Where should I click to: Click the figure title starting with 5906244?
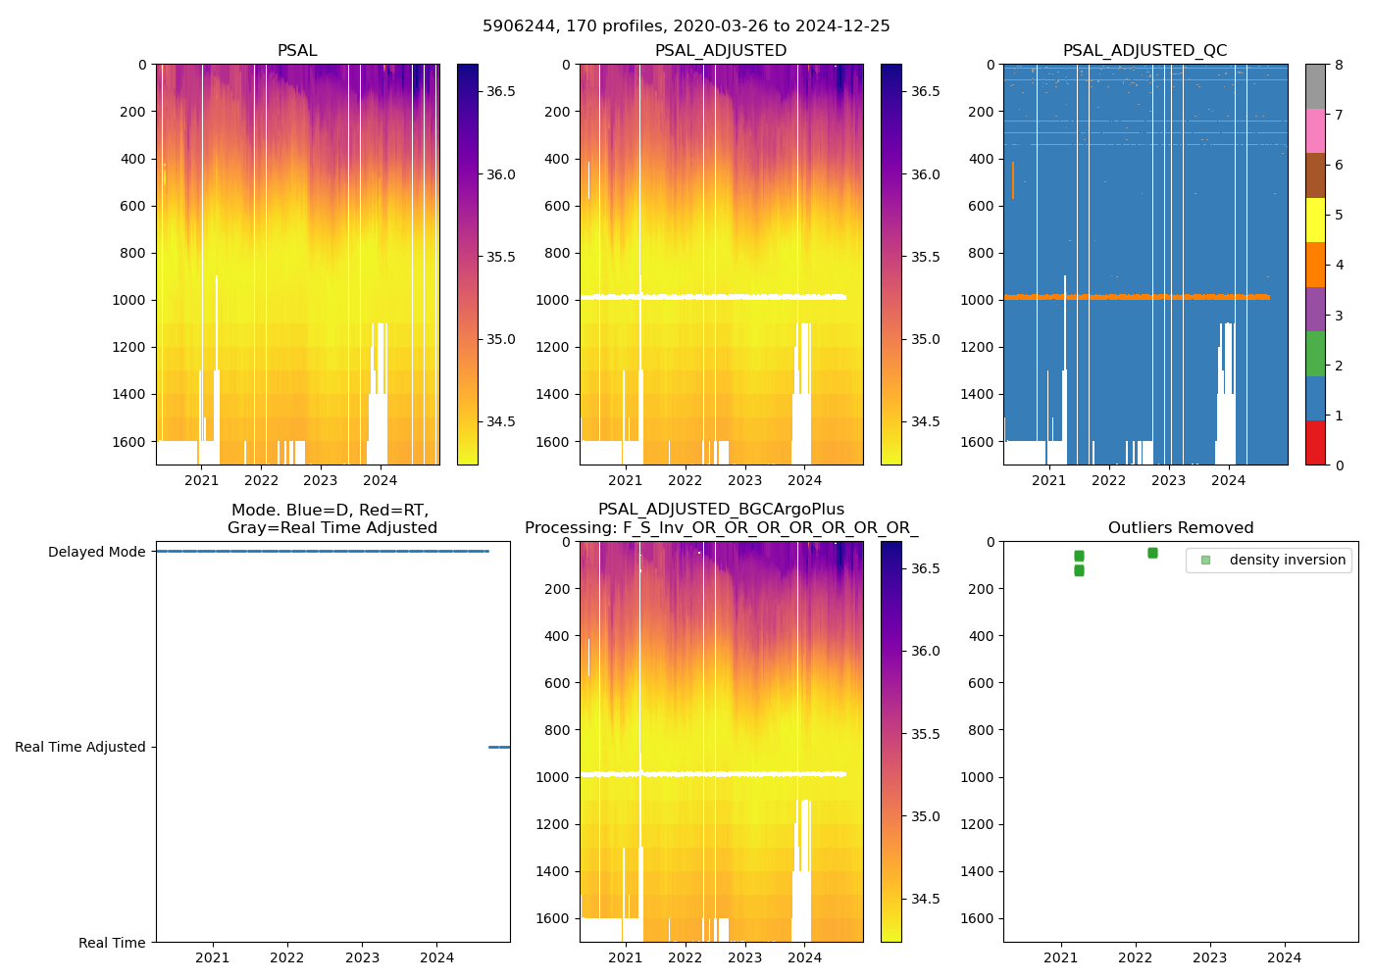pos(686,26)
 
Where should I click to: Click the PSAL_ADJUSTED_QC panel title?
pos(1144,51)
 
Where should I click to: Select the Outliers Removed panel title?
pos(1181,528)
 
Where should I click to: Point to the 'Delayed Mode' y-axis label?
pos(96,552)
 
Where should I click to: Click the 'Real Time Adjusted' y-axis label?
pos(80,747)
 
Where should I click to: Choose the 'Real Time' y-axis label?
pos(112,943)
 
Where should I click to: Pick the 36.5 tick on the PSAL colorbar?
pos(501,91)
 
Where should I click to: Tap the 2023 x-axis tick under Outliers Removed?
pos(1210,957)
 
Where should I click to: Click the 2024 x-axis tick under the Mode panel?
pos(437,957)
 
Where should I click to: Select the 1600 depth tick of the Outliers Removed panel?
pos(977,918)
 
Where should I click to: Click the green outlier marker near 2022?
pos(1152,553)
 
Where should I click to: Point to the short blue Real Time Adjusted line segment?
pos(499,747)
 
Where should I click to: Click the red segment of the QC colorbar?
pos(1315,443)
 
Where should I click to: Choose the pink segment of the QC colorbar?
pos(1315,130)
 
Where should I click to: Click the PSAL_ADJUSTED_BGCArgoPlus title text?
pos(721,510)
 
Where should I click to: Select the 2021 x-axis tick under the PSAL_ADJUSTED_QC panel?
pos(1048,480)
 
